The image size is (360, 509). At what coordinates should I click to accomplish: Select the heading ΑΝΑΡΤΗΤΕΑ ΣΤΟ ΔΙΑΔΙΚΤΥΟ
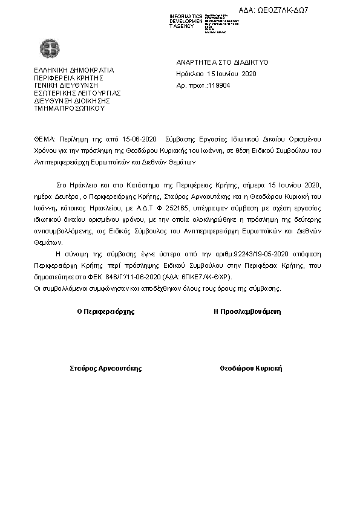click(222, 62)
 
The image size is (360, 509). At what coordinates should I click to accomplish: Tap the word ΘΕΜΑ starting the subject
click(44, 139)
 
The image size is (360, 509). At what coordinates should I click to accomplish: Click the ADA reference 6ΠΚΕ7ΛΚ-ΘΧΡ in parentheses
click(209, 276)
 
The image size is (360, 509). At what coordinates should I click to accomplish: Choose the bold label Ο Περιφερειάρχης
click(106, 312)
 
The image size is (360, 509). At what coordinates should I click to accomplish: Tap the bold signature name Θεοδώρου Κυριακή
click(250, 368)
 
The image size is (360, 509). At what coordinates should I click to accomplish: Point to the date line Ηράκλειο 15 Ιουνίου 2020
click(217, 74)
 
